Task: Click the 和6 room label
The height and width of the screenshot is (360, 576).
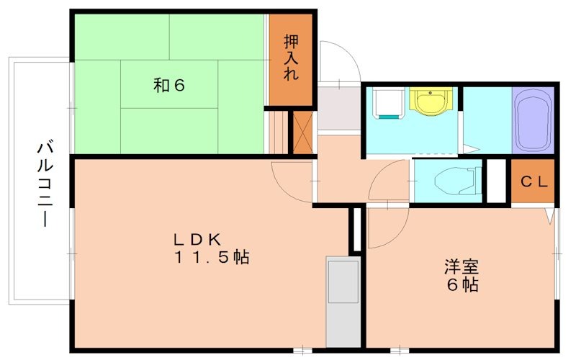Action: pos(170,85)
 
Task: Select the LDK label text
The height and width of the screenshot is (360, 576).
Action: pos(199,240)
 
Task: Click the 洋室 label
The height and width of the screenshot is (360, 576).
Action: pos(462,267)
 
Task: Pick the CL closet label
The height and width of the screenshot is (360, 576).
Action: pos(534,182)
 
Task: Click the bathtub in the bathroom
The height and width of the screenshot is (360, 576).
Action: pos(533,119)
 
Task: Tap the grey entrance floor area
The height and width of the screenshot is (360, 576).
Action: pos(338,108)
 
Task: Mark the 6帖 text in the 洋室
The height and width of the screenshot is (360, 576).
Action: pos(462,284)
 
